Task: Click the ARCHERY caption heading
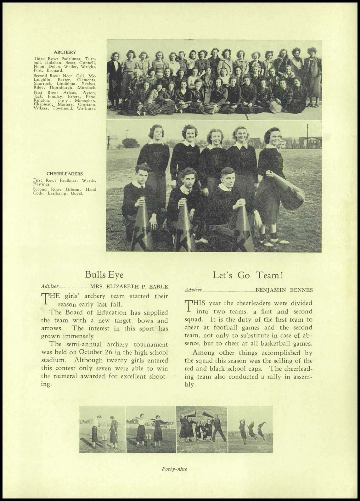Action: coord(65,52)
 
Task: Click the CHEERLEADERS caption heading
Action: coord(65,173)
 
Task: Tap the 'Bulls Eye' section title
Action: coord(104,274)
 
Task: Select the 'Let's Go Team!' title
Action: coord(248,275)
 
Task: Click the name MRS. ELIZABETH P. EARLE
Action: coord(129,286)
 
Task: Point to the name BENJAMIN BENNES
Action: coord(284,290)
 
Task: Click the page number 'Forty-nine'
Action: coord(174,469)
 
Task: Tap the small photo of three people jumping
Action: coord(250,429)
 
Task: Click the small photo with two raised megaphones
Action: coord(202,429)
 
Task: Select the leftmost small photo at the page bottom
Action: coord(102,429)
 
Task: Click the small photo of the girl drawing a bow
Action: coord(151,429)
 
